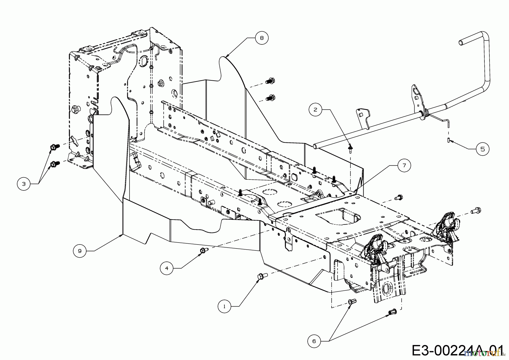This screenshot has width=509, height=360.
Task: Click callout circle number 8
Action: pos(262,38)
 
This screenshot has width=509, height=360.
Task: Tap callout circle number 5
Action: pos(482,149)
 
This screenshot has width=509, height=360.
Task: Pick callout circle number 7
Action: pos(404,165)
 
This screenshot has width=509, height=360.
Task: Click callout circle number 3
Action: pos(24,184)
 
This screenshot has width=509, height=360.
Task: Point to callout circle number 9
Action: pos(80,251)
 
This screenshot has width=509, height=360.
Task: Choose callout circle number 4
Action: pos(167,268)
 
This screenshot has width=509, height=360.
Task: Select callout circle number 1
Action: pos(225,306)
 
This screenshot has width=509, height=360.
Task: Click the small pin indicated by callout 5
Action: pos(449,140)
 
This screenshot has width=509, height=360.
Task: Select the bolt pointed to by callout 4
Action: pos(204,250)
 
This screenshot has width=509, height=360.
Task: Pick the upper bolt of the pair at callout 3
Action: pos(55,147)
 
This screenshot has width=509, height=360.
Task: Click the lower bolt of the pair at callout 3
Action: pos(55,164)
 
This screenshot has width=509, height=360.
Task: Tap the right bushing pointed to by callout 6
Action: pos(392,312)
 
